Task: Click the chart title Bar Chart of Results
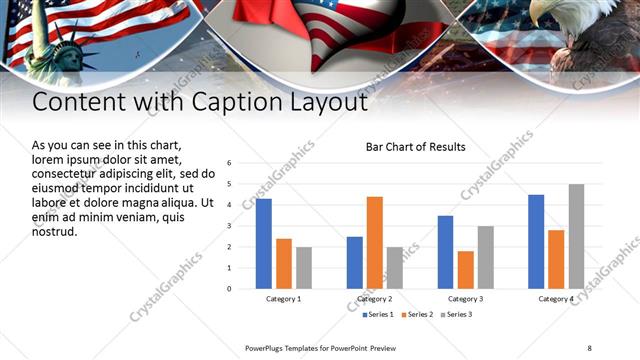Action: tap(414, 148)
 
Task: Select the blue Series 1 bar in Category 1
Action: tap(263, 243)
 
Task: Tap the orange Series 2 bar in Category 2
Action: tap(375, 242)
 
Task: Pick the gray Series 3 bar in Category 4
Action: tap(576, 236)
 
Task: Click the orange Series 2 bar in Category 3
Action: tap(465, 269)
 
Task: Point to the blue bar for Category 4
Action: tap(536, 241)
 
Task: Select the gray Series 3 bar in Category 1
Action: tap(304, 267)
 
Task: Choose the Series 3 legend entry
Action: tap(455, 315)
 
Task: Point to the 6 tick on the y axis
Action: tap(229, 163)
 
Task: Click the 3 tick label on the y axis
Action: tap(229, 226)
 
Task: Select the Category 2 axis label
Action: tap(374, 299)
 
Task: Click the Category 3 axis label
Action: tap(465, 299)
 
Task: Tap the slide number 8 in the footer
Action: tap(589, 347)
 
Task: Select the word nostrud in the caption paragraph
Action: tap(54, 231)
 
